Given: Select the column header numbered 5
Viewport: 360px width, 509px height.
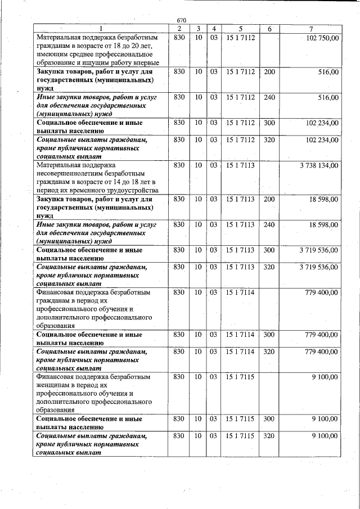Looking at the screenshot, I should (x=240, y=29).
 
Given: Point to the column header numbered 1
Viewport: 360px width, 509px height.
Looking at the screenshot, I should (x=101, y=29).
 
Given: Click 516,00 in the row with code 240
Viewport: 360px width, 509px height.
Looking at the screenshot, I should (x=328, y=97).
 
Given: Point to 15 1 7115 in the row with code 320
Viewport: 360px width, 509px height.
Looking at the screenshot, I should (x=240, y=436).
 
